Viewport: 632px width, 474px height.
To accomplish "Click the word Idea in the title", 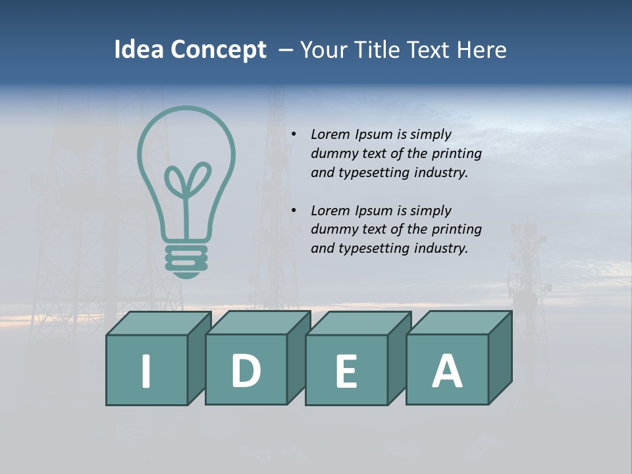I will [x=138, y=50].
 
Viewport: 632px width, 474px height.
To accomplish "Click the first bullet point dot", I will [x=294, y=134].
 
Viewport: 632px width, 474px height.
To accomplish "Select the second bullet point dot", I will [x=294, y=211].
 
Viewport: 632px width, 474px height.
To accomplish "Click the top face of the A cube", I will [x=459, y=323].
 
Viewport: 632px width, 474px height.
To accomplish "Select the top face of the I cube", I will [x=159, y=323].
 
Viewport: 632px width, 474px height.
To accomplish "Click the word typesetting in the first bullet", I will [x=374, y=172].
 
